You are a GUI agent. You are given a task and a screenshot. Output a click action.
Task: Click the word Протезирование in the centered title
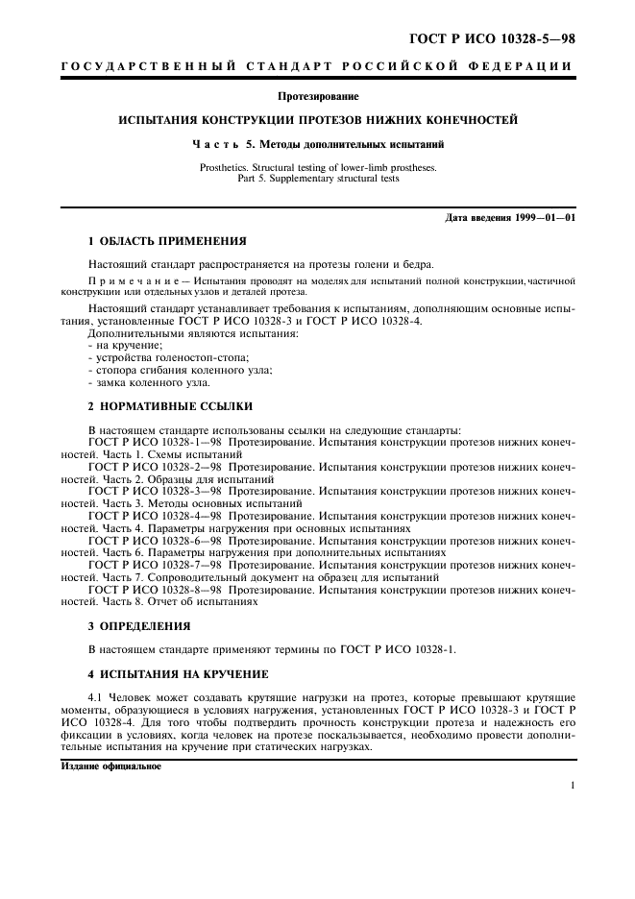point(317,97)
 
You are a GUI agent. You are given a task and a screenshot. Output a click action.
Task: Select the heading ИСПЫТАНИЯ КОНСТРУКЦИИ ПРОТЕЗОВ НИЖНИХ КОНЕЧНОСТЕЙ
point(317,121)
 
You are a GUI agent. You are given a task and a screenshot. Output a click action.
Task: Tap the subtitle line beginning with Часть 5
point(317,145)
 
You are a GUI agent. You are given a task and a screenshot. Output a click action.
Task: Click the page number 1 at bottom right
point(572,786)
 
